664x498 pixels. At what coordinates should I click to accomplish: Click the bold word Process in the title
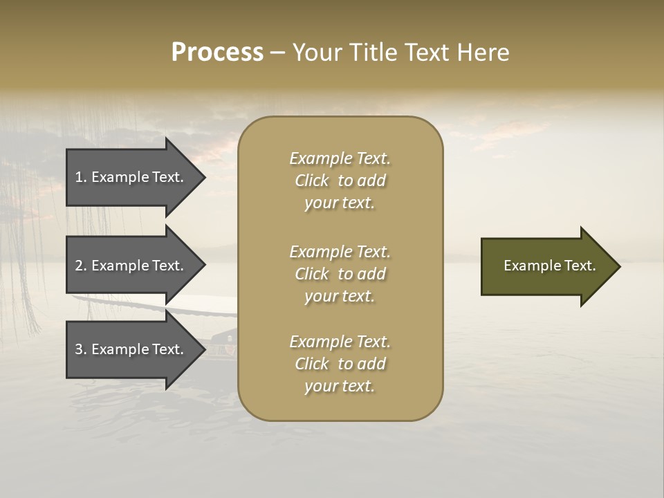[217, 53]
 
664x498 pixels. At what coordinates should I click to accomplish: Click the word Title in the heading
[374, 53]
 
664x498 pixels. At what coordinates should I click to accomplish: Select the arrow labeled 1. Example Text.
[131, 177]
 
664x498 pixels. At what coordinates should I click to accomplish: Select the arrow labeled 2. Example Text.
[131, 266]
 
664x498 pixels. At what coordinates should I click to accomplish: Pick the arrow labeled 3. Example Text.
[131, 349]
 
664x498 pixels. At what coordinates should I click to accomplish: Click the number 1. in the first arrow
[81, 177]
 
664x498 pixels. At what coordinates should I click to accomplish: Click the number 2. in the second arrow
[81, 266]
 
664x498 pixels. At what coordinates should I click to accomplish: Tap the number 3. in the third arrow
[81, 349]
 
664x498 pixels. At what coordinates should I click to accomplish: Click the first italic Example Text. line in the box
[340, 158]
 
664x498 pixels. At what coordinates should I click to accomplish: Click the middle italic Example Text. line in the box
[340, 252]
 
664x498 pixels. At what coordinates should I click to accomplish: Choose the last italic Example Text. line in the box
[340, 342]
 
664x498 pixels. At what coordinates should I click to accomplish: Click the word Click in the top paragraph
[311, 181]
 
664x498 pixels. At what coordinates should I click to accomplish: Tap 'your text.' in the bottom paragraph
[340, 386]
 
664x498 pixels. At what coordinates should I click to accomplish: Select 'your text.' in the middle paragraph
[340, 296]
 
